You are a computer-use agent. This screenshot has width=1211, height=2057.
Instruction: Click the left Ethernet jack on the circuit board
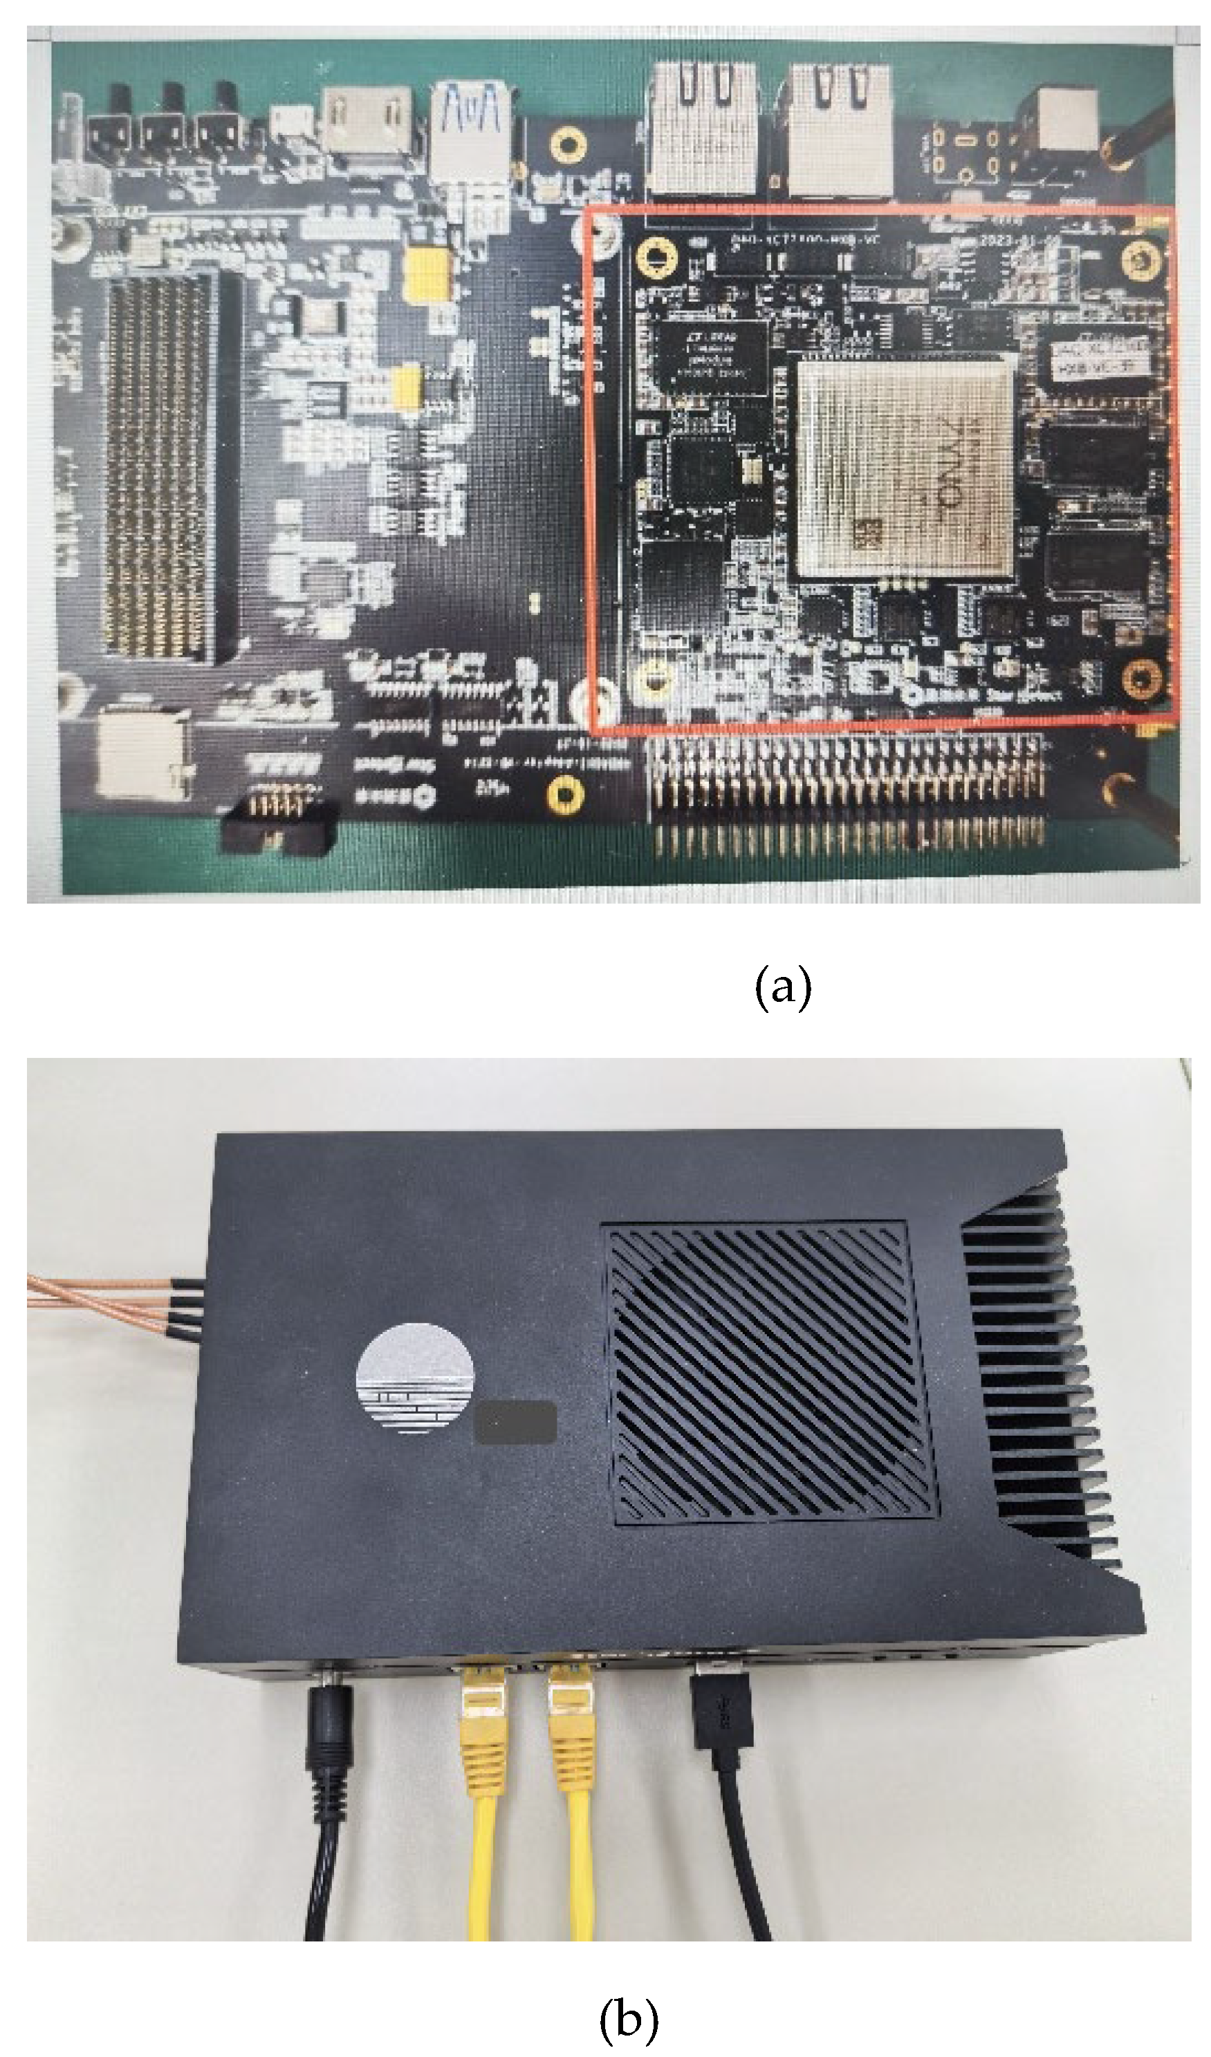click(x=701, y=126)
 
